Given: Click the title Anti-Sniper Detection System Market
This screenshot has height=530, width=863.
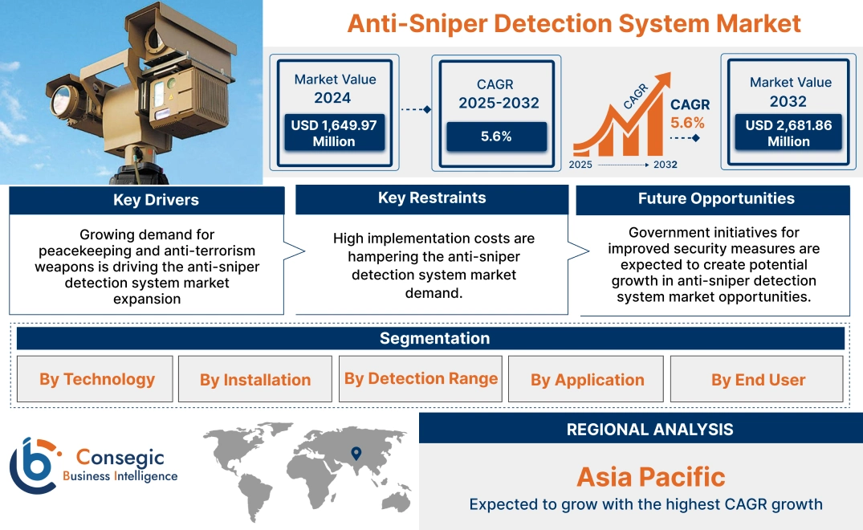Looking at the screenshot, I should [574, 23].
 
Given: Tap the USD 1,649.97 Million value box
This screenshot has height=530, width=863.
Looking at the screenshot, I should [333, 133].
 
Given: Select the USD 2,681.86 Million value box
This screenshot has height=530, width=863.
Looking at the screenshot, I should [789, 133].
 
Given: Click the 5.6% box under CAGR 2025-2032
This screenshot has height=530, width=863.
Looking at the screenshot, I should [496, 137].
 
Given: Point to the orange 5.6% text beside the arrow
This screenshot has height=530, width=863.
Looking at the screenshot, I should [687, 123].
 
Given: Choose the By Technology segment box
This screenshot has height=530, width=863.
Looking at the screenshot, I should [97, 379].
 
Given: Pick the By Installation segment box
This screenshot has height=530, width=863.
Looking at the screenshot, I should [255, 379].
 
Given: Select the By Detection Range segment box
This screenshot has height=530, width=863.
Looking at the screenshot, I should [421, 378].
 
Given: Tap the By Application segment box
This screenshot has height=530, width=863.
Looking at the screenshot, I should [587, 379].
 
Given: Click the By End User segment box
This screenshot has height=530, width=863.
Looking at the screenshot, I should [758, 379].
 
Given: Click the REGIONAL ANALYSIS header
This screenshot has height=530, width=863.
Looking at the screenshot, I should [649, 430].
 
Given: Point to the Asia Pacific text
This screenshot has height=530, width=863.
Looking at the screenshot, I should [650, 477].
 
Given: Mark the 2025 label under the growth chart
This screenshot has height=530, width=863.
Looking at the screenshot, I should [581, 164].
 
